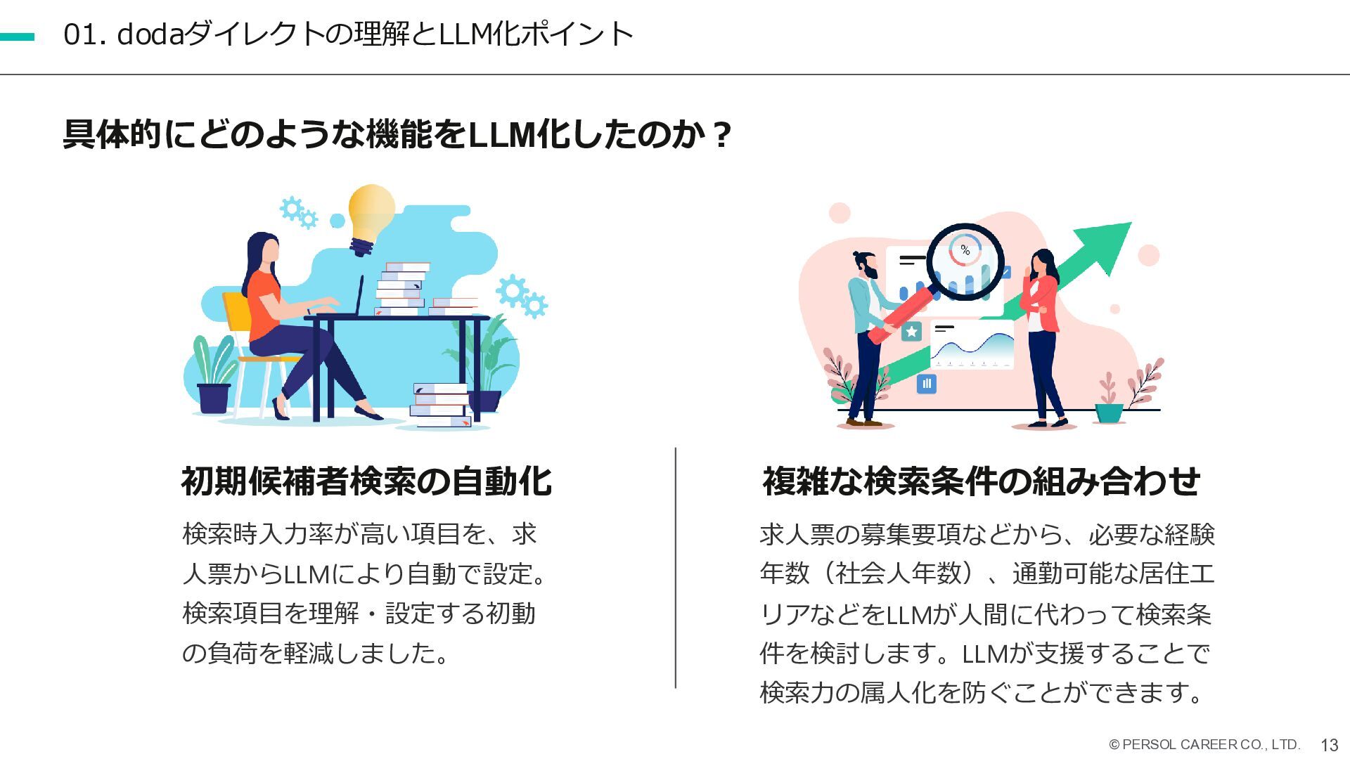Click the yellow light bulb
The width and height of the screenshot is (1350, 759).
[371, 211]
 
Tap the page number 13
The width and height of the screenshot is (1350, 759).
[1329, 746]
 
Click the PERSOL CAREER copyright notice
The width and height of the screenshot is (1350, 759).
[1204, 745]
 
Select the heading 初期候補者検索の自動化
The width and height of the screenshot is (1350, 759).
[366, 481]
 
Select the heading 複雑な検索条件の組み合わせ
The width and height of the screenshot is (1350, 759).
[981, 481]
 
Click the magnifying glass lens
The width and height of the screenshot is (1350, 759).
[965, 260]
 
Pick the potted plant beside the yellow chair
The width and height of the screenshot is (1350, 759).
[214, 379]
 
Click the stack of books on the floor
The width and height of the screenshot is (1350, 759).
[441, 406]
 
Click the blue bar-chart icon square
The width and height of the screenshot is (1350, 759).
[927, 384]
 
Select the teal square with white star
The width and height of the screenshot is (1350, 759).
[911, 332]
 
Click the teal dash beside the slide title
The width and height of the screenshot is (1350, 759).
[17, 37]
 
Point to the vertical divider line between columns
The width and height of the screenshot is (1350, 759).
[676, 568]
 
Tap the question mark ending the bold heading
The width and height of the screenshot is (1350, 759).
[721, 135]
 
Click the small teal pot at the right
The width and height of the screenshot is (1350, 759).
[1110, 413]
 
